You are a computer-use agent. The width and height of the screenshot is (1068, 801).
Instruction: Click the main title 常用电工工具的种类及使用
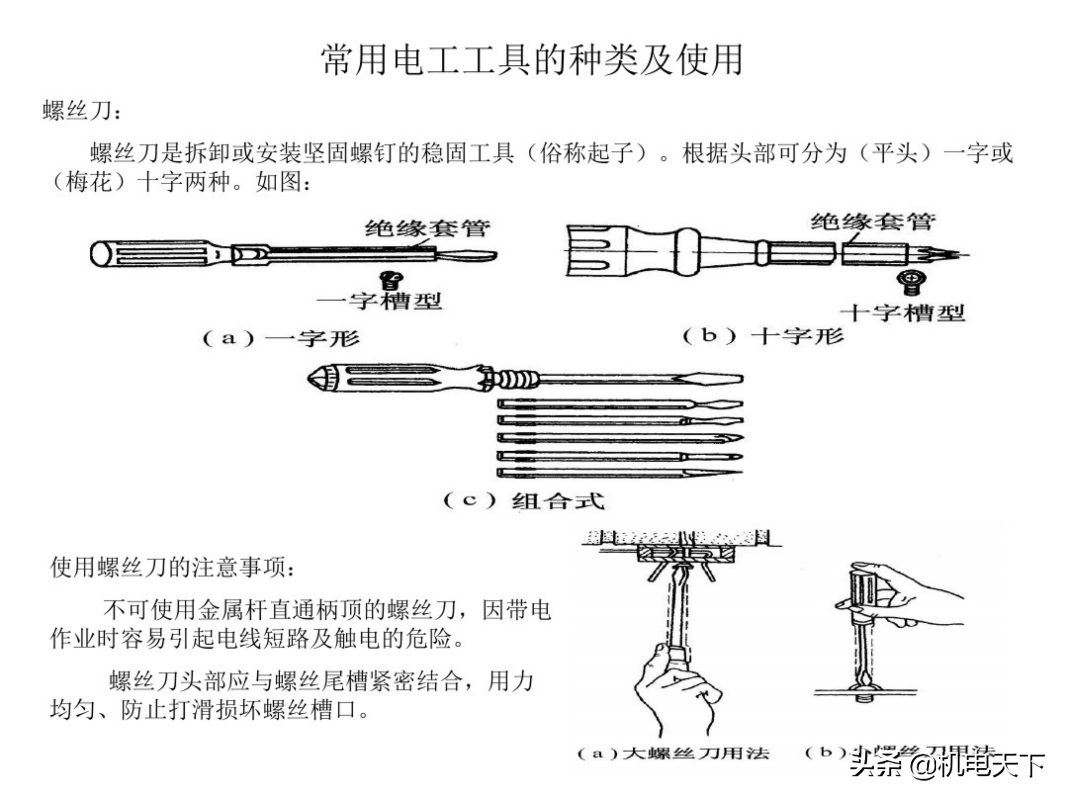(532, 60)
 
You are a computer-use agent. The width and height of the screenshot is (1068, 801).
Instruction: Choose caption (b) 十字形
(763, 336)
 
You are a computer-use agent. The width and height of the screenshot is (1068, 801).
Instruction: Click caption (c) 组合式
(524, 501)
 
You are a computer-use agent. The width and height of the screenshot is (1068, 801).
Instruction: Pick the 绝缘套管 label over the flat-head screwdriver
(427, 228)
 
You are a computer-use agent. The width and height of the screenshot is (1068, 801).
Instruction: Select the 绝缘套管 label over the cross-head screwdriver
(873, 222)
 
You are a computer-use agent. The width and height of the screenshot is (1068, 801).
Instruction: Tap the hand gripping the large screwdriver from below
(676, 695)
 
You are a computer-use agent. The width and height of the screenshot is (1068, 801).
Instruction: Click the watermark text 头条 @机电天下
(946, 764)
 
